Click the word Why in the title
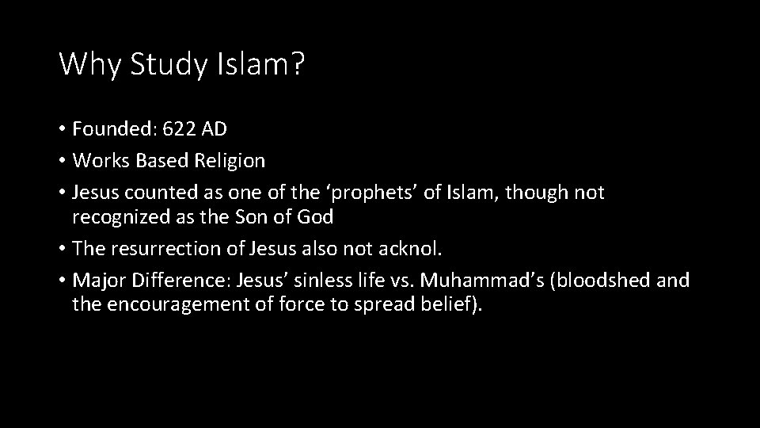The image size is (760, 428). [89, 64]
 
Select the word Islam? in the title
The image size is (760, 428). [257, 64]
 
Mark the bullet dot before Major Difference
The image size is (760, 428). [62, 281]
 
